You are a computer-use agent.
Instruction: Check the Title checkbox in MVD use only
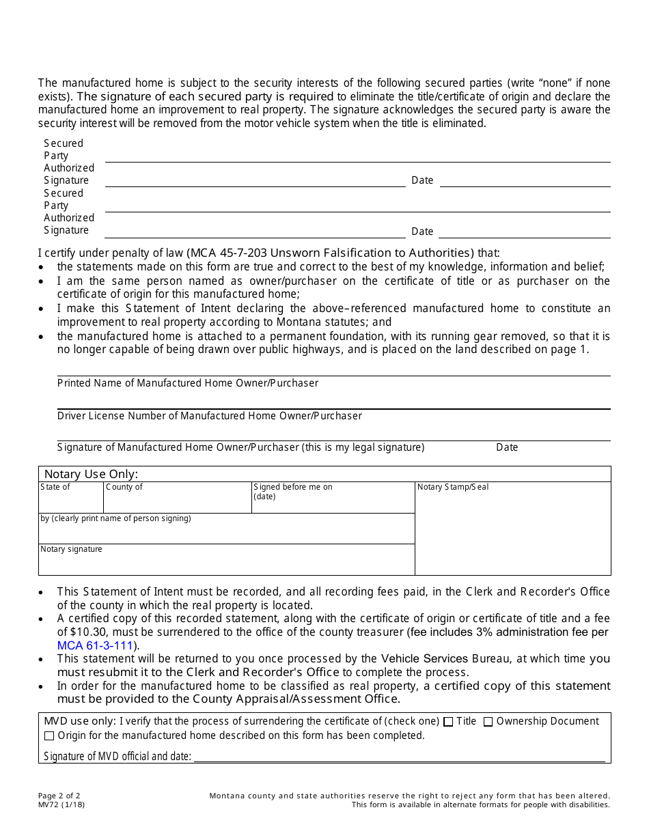click(x=448, y=722)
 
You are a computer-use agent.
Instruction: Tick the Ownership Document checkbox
click(x=488, y=722)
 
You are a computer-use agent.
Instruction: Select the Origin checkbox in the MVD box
click(x=49, y=736)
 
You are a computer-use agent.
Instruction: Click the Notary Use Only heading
click(x=91, y=474)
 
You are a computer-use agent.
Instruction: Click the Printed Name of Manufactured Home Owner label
click(x=188, y=383)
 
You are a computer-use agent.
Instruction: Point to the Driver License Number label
click(x=210, y=416)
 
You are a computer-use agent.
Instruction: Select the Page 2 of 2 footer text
click(x=59, y=796)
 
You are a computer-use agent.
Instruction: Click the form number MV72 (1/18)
click(x=61, y=804)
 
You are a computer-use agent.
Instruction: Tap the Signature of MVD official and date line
click(x=400, y=755)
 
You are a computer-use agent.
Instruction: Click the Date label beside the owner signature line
click(x=507, y=447)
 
